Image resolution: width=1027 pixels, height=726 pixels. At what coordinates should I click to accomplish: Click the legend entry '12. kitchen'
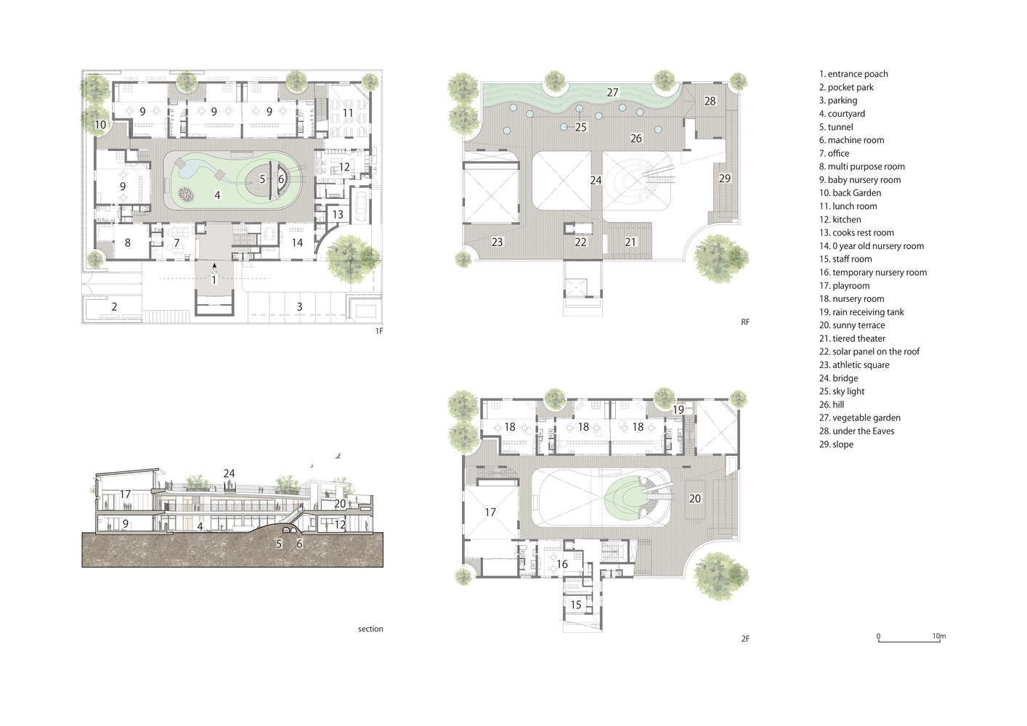pos(840,219)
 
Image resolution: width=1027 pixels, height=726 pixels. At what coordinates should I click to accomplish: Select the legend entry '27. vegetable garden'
pos(860,417)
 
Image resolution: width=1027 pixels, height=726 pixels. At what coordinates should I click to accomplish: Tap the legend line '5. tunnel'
pos(836,127)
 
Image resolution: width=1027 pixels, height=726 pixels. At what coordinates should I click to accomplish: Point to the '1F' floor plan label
pos(379,331)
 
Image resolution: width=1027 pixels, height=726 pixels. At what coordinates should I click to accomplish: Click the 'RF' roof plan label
pos(745,322)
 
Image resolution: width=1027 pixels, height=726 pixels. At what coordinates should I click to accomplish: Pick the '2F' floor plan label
pos(745,638)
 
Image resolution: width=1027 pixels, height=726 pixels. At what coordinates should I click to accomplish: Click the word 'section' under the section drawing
pos(370,629)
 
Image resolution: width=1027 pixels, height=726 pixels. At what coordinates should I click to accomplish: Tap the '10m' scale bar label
pos(939,636)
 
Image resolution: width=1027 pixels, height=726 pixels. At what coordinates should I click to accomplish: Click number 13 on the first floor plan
pos(338,214)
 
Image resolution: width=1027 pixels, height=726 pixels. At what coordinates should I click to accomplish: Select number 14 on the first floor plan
pos(297,242)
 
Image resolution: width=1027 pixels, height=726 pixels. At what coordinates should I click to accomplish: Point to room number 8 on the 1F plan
pos(127,242)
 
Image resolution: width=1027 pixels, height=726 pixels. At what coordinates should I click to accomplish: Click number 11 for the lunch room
pos(348,113)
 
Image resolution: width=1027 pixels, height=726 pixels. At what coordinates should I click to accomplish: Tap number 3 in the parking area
pos(299,306)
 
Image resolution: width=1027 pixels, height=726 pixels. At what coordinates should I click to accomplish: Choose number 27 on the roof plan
pos(612,93)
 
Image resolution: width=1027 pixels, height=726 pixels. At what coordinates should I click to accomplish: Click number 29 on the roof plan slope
pos(724,179)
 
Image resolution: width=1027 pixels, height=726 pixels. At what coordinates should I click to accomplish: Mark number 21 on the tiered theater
pos(630,242)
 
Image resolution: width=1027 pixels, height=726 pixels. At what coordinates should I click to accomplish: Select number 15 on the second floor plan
pos(576,605)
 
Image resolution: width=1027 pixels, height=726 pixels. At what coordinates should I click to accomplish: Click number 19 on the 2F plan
pos(678,409)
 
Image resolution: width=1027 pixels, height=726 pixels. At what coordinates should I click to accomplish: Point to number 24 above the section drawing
pos(229,473)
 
